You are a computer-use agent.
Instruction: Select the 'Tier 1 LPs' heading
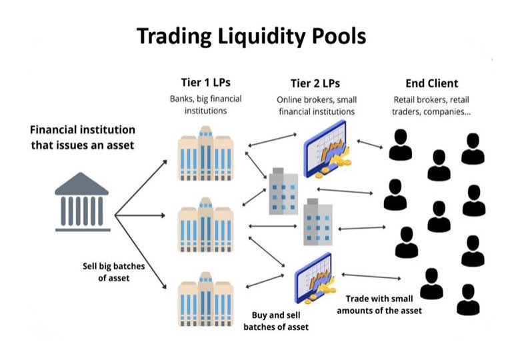click(205, 83)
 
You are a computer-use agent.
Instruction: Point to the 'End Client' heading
click(431, 83)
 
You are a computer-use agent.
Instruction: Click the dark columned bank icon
click(83, 204)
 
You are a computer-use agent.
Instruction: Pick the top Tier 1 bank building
click(205, 151)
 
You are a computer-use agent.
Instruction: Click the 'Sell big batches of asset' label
click(113, 271)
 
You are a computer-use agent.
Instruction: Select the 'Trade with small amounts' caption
click(379, 305)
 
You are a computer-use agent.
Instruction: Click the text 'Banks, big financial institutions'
click(205, 105)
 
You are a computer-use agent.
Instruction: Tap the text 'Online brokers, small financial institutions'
click(315, 105)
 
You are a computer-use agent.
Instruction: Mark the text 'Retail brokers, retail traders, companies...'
click(431, 105)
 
